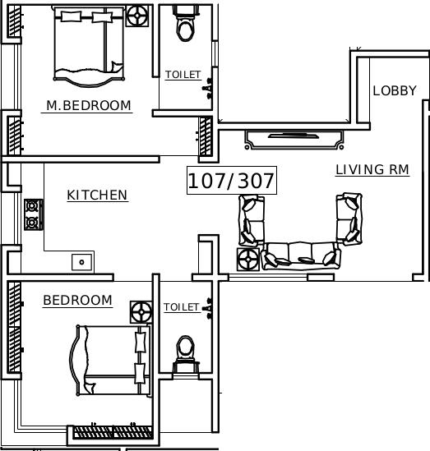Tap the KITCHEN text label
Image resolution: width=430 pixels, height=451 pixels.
(97, 195)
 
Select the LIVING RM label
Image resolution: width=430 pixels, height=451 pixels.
(372, 170)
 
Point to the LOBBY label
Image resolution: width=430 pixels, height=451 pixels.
(395, 90)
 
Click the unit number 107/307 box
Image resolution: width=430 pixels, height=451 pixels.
(231, 181)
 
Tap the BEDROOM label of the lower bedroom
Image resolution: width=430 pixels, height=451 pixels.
(77, 301)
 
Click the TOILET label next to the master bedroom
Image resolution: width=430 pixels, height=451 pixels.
(183, 75)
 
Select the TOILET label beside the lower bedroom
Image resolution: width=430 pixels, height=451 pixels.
(181, 307)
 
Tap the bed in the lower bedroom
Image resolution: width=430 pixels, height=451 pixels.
(112, 360)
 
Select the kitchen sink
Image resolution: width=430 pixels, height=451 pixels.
(82, 262)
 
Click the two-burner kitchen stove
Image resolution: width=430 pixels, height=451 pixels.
(33, 214)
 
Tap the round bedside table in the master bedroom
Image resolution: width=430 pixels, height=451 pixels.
(137, 15)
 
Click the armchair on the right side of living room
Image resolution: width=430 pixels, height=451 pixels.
(349, 218)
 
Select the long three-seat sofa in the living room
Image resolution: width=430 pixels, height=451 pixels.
(300, 255)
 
